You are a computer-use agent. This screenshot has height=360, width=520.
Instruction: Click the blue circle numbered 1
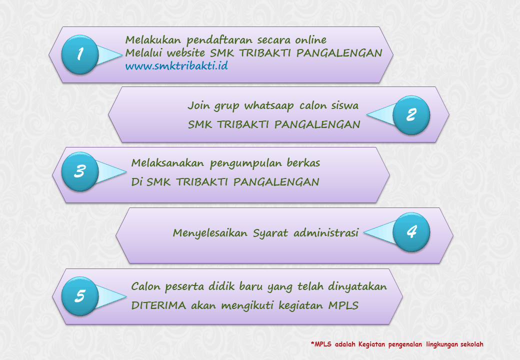[x=80, y=54]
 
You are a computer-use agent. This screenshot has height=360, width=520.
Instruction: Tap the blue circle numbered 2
[x=411, y=114]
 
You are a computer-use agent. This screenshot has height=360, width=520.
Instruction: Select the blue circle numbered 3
[x=80, y=171]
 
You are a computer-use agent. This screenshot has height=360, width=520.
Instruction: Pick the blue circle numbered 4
[x=411, y=231]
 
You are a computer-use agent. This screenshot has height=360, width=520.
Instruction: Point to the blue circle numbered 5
[x=80, y=295]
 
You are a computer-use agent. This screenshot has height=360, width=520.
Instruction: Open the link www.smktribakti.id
[x=176, y=65]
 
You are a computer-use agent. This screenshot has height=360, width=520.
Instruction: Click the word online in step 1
[x=310, y=40]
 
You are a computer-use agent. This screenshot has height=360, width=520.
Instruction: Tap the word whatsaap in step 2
[x=269, y=106]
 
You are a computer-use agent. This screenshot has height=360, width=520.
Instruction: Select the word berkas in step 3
[x=303, y=163]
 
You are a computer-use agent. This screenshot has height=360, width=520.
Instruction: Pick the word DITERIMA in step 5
[x=158, y=305]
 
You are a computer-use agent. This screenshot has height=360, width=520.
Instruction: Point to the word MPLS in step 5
[x=343, y=305]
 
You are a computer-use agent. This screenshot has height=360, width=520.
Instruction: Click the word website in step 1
[x=185, y=52]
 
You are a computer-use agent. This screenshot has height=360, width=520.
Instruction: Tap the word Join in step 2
[x=198, y=105]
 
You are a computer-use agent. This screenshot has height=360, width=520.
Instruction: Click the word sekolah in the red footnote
[x=471, y=344]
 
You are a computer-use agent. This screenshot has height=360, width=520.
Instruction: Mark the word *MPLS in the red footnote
[x=321, y=344]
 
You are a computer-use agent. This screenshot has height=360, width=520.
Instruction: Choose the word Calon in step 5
[x=145, y=286]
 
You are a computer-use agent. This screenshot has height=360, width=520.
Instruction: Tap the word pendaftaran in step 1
[x=219, y=40]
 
